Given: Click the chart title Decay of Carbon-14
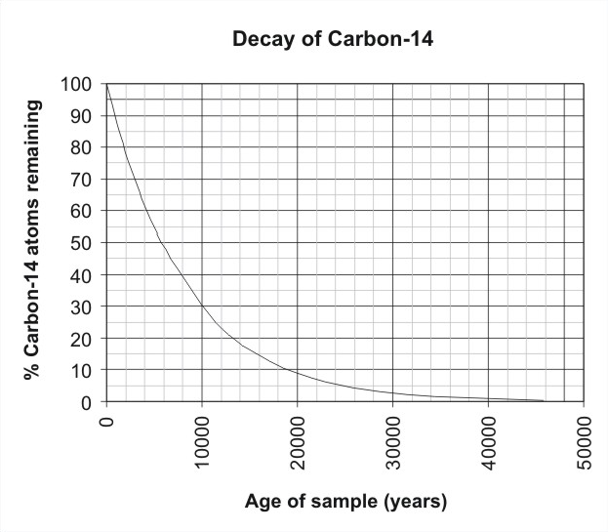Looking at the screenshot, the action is point(333,39).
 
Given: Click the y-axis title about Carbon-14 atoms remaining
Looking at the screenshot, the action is point(32,239).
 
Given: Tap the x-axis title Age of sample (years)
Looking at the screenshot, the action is point(345,502).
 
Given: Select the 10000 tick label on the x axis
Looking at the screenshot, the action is point(202,442).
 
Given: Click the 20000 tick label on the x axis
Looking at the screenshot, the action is point(298,442).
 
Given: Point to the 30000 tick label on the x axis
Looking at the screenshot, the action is point(392,442).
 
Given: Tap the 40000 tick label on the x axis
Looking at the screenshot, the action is point(489,442).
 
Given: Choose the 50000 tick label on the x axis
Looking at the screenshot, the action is point(584,442).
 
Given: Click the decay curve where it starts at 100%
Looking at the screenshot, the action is point(106,84).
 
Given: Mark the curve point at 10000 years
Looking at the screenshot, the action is point(202,307).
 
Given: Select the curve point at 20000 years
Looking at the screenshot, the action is point(298,373).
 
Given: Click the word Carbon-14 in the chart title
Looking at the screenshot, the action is point(381,39).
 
